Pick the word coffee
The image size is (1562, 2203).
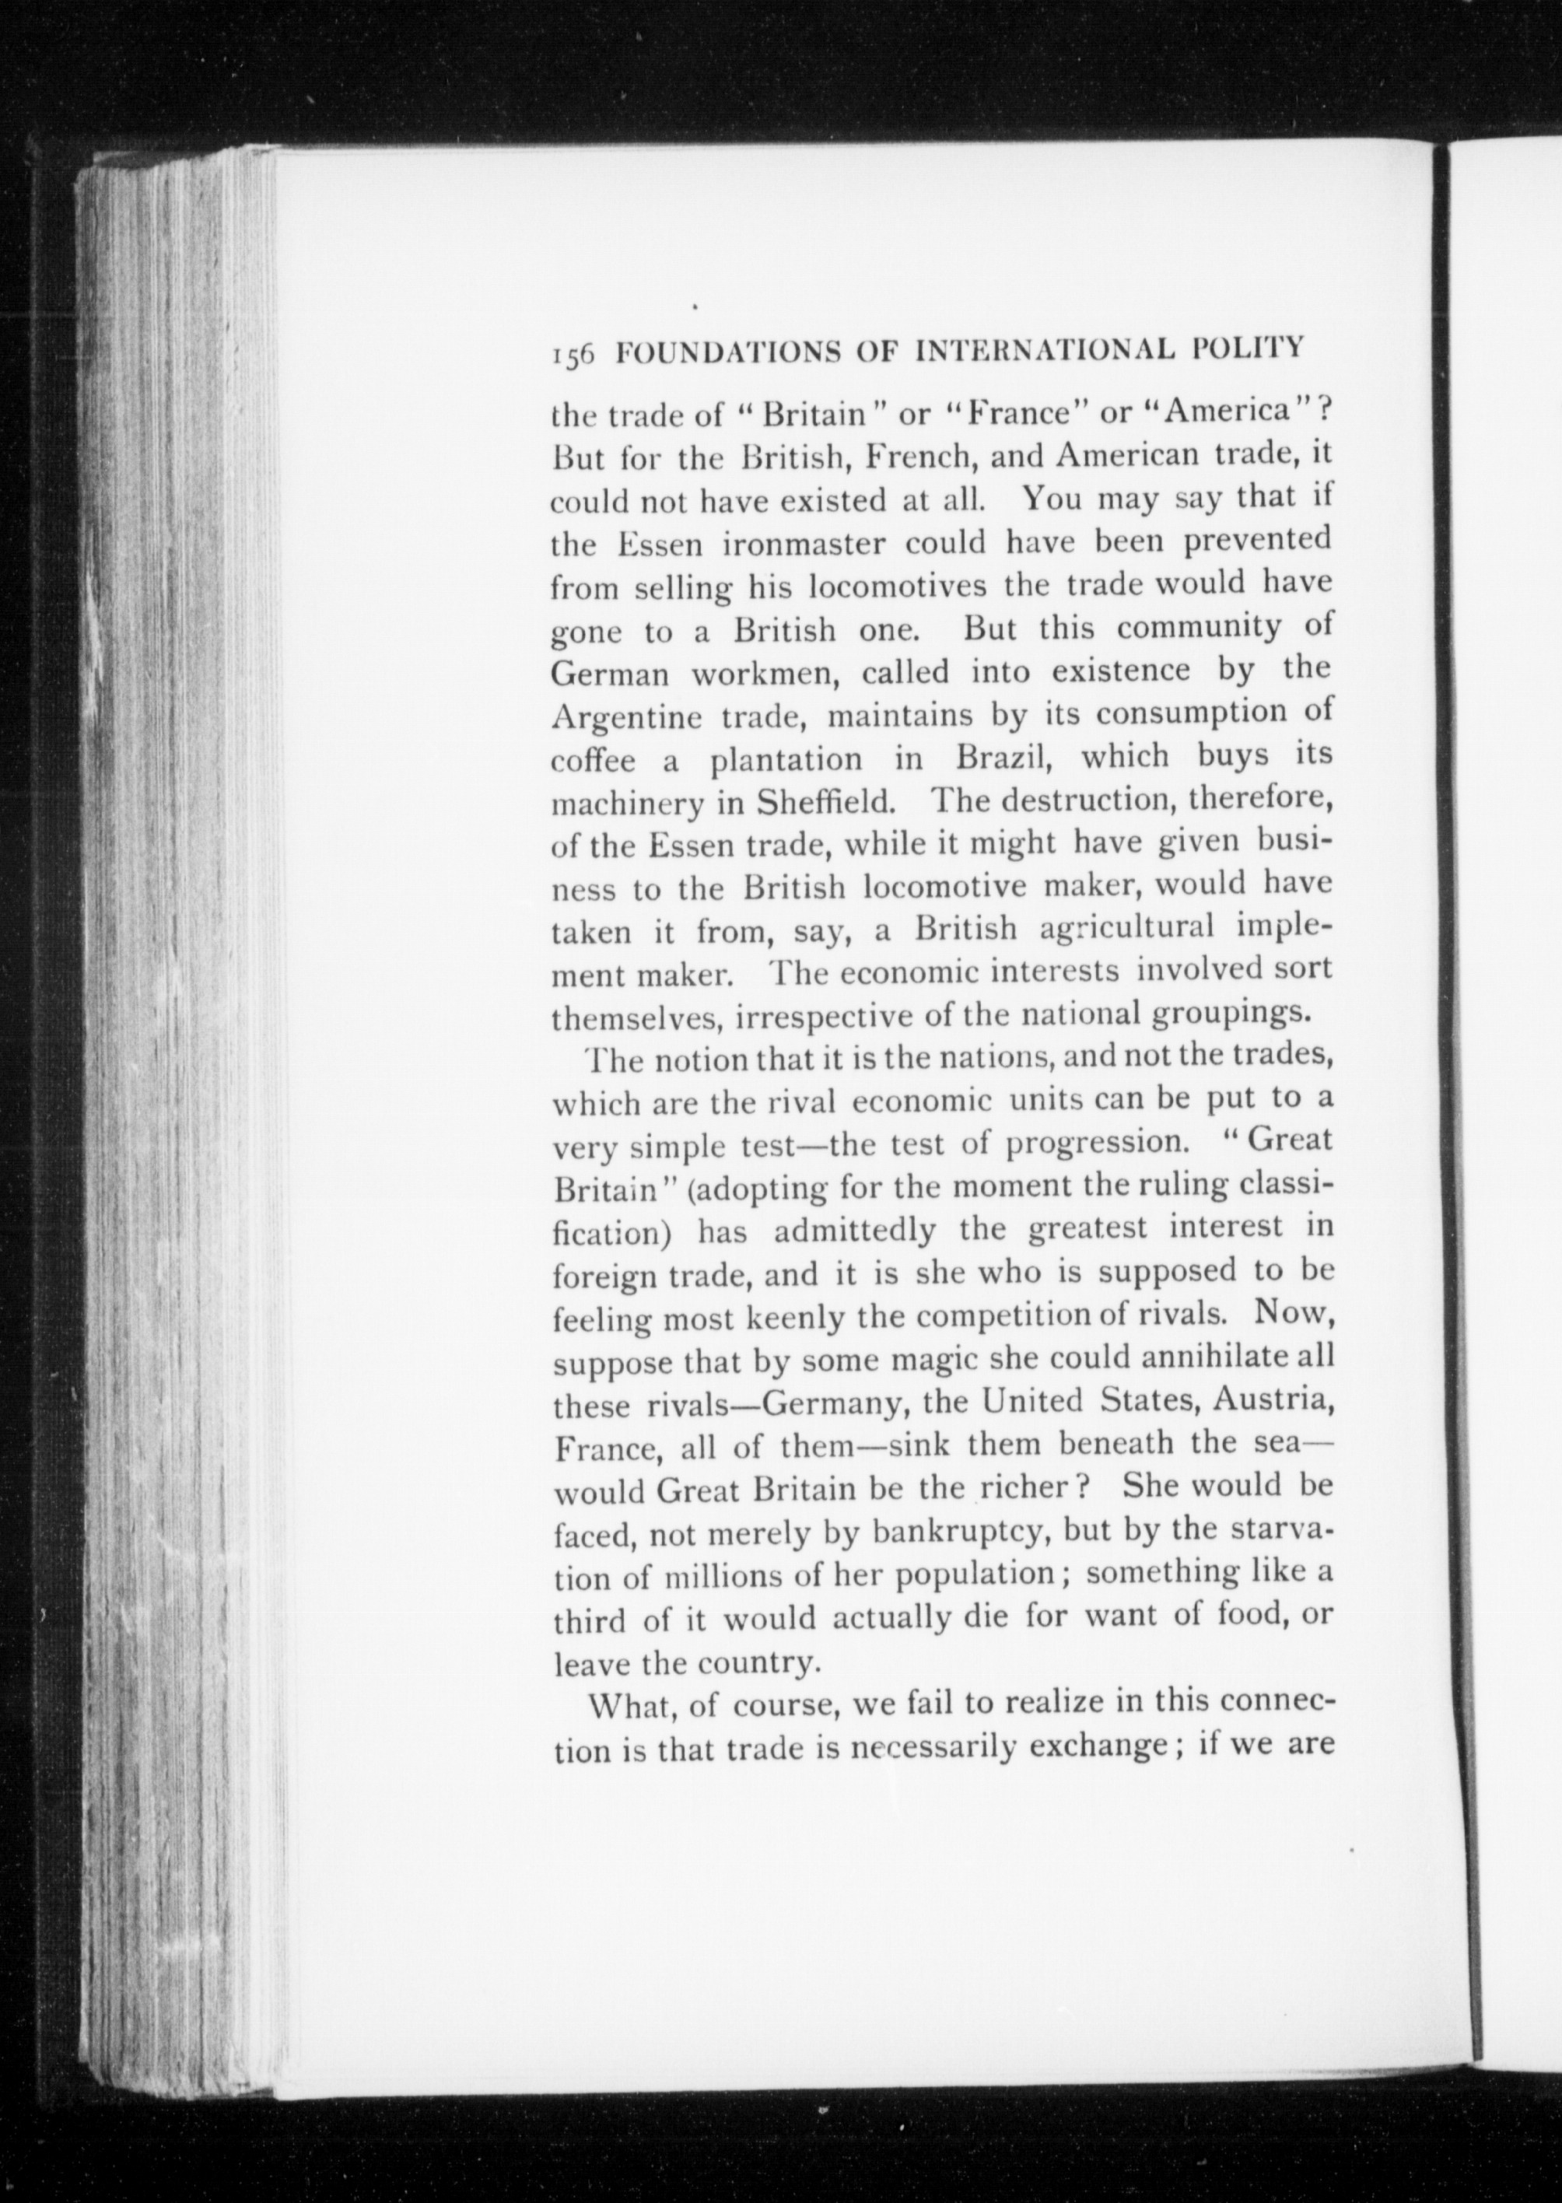click(x=594, y=761)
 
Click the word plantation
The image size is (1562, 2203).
click(x=786, y=761)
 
